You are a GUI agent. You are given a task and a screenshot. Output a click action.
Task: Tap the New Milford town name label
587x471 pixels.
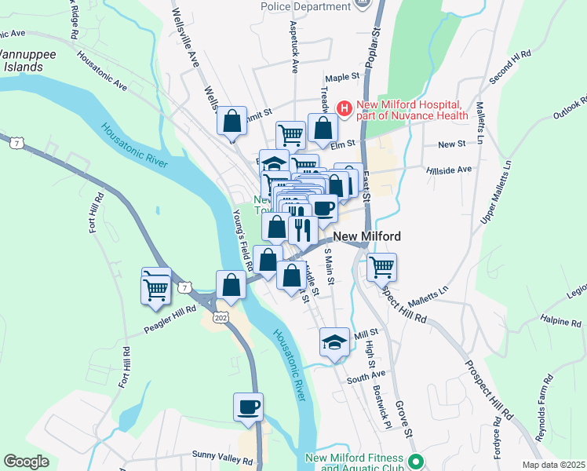coord(367,236)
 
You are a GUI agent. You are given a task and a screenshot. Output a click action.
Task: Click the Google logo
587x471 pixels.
coord(27,461)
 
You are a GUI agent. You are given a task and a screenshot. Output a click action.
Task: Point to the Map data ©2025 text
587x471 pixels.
coord(552,464)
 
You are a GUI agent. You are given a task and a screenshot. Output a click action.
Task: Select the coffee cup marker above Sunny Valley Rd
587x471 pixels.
coord(249,407)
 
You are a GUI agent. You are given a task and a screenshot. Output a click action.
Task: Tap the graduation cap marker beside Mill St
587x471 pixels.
coord(334,341)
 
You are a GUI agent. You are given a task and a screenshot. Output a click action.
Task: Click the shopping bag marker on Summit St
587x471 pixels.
coord(232,122)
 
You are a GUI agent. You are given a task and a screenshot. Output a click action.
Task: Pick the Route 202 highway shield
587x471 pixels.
coord(221,316)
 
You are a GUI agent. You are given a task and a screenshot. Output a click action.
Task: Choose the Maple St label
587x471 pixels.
coord(342,78)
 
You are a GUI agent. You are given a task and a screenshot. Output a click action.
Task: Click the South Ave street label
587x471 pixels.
coord(366,377)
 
